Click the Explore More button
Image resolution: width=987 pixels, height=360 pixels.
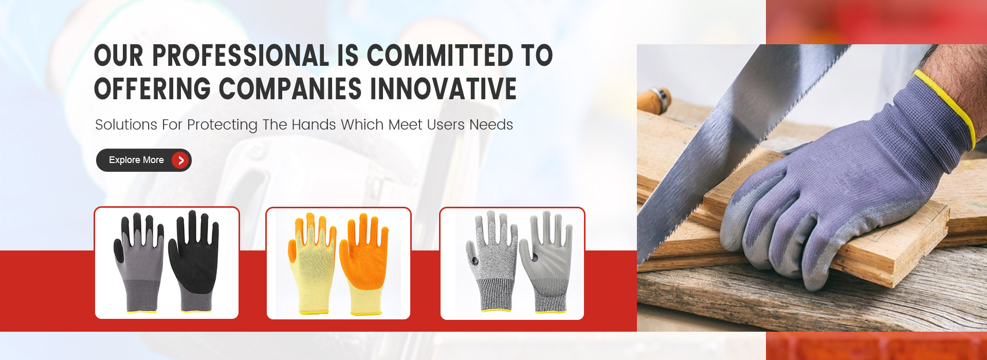[x=143, y=160]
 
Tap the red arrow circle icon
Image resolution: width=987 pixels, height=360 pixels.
[x=180, y=160]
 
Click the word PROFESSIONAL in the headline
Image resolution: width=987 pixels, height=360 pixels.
[x=241, y=56]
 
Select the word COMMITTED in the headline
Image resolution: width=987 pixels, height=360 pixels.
[x=440, y=56]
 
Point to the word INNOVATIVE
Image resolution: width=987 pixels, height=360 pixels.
[x=443, y=89]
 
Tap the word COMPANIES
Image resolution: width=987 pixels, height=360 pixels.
[x=290, y=89]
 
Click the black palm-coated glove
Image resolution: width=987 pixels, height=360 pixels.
[x=194, y=260]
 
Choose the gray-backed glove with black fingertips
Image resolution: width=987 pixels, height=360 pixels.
[x=139, y=262]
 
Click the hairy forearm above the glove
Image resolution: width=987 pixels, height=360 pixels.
[x=956, y=77]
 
